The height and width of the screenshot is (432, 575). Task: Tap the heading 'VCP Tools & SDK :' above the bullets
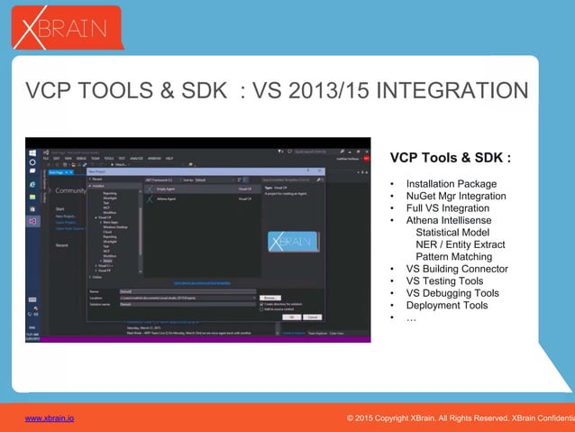450,158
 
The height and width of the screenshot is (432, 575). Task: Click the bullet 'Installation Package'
451,184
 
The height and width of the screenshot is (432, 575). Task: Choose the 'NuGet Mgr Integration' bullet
455,197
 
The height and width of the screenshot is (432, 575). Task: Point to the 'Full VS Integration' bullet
447,208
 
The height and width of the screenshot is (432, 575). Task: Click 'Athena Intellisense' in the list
449,221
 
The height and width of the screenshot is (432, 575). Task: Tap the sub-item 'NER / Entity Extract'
460,245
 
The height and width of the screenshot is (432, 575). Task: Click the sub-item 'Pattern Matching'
453,257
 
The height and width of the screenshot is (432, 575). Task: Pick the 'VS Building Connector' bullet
457,269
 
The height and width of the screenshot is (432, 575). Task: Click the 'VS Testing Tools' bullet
444,281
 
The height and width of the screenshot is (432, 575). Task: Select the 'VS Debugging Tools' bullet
452,293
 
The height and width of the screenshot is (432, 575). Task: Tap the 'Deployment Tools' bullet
446,306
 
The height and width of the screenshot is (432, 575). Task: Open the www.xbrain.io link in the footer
50,418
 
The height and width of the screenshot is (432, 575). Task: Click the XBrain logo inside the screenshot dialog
291,243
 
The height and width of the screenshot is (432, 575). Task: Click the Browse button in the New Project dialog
269,297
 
